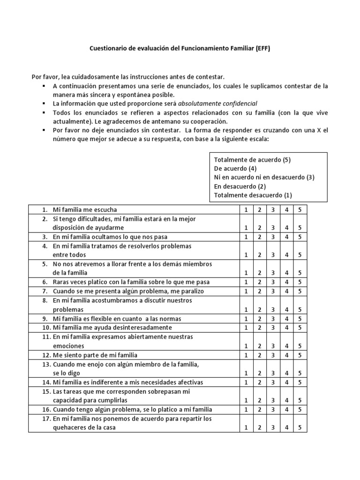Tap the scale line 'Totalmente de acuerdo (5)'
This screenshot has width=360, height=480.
tap(252, 159)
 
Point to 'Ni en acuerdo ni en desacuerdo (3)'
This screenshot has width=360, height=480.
tap(264, 177)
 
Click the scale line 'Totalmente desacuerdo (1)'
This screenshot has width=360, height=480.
tap(253, 195)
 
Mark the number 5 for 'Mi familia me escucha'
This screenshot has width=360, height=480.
tap(300, 210)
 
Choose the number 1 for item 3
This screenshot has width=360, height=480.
tap(246, 237)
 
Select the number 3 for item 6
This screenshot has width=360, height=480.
tap(273, 282)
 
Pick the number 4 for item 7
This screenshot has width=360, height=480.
tap(286, 291)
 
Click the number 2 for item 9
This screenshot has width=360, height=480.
tap(259, 318)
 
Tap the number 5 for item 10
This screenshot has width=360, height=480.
tap(300, 327)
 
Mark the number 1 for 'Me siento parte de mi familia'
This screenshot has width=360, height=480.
tap(246, 355)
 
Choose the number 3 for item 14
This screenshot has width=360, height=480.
tap(273, 382)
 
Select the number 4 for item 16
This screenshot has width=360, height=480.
tap(286, 409)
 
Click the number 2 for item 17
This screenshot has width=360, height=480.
tap(259, 427)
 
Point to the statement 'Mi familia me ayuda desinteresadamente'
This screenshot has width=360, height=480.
tap(112, 327)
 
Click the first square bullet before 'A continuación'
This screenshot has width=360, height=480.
tap(43, 86)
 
